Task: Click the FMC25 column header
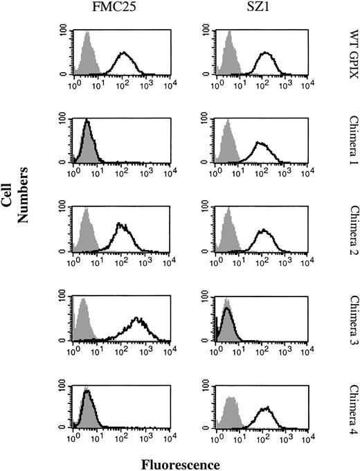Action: click(x=118, y=9)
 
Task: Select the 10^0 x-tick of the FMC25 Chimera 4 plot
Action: click(x=75, y=440)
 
